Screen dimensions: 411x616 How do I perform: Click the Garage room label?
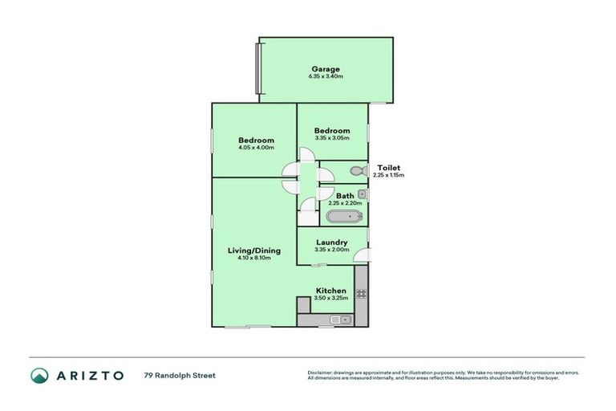[326, 69]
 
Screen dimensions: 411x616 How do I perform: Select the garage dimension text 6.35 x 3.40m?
[326, 77]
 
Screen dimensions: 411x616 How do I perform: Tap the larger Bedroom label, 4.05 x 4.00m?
[256, 140]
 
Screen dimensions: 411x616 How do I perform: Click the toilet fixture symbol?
[358, 170]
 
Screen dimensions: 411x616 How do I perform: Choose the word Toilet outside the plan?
[388, 168]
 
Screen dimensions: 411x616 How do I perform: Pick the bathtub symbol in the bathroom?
[344, 217]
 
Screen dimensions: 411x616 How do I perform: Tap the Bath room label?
[345, 196]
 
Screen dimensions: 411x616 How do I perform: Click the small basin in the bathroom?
[363, 194]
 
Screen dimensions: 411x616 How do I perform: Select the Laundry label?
[331, 242]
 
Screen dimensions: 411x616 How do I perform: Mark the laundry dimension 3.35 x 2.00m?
[331, 250]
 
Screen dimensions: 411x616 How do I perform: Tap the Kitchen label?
[330, 291]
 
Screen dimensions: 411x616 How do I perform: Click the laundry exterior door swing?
[363, 257]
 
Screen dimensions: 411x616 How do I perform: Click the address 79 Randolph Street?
[180, 375]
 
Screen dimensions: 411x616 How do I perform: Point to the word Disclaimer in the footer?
[321, 372]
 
